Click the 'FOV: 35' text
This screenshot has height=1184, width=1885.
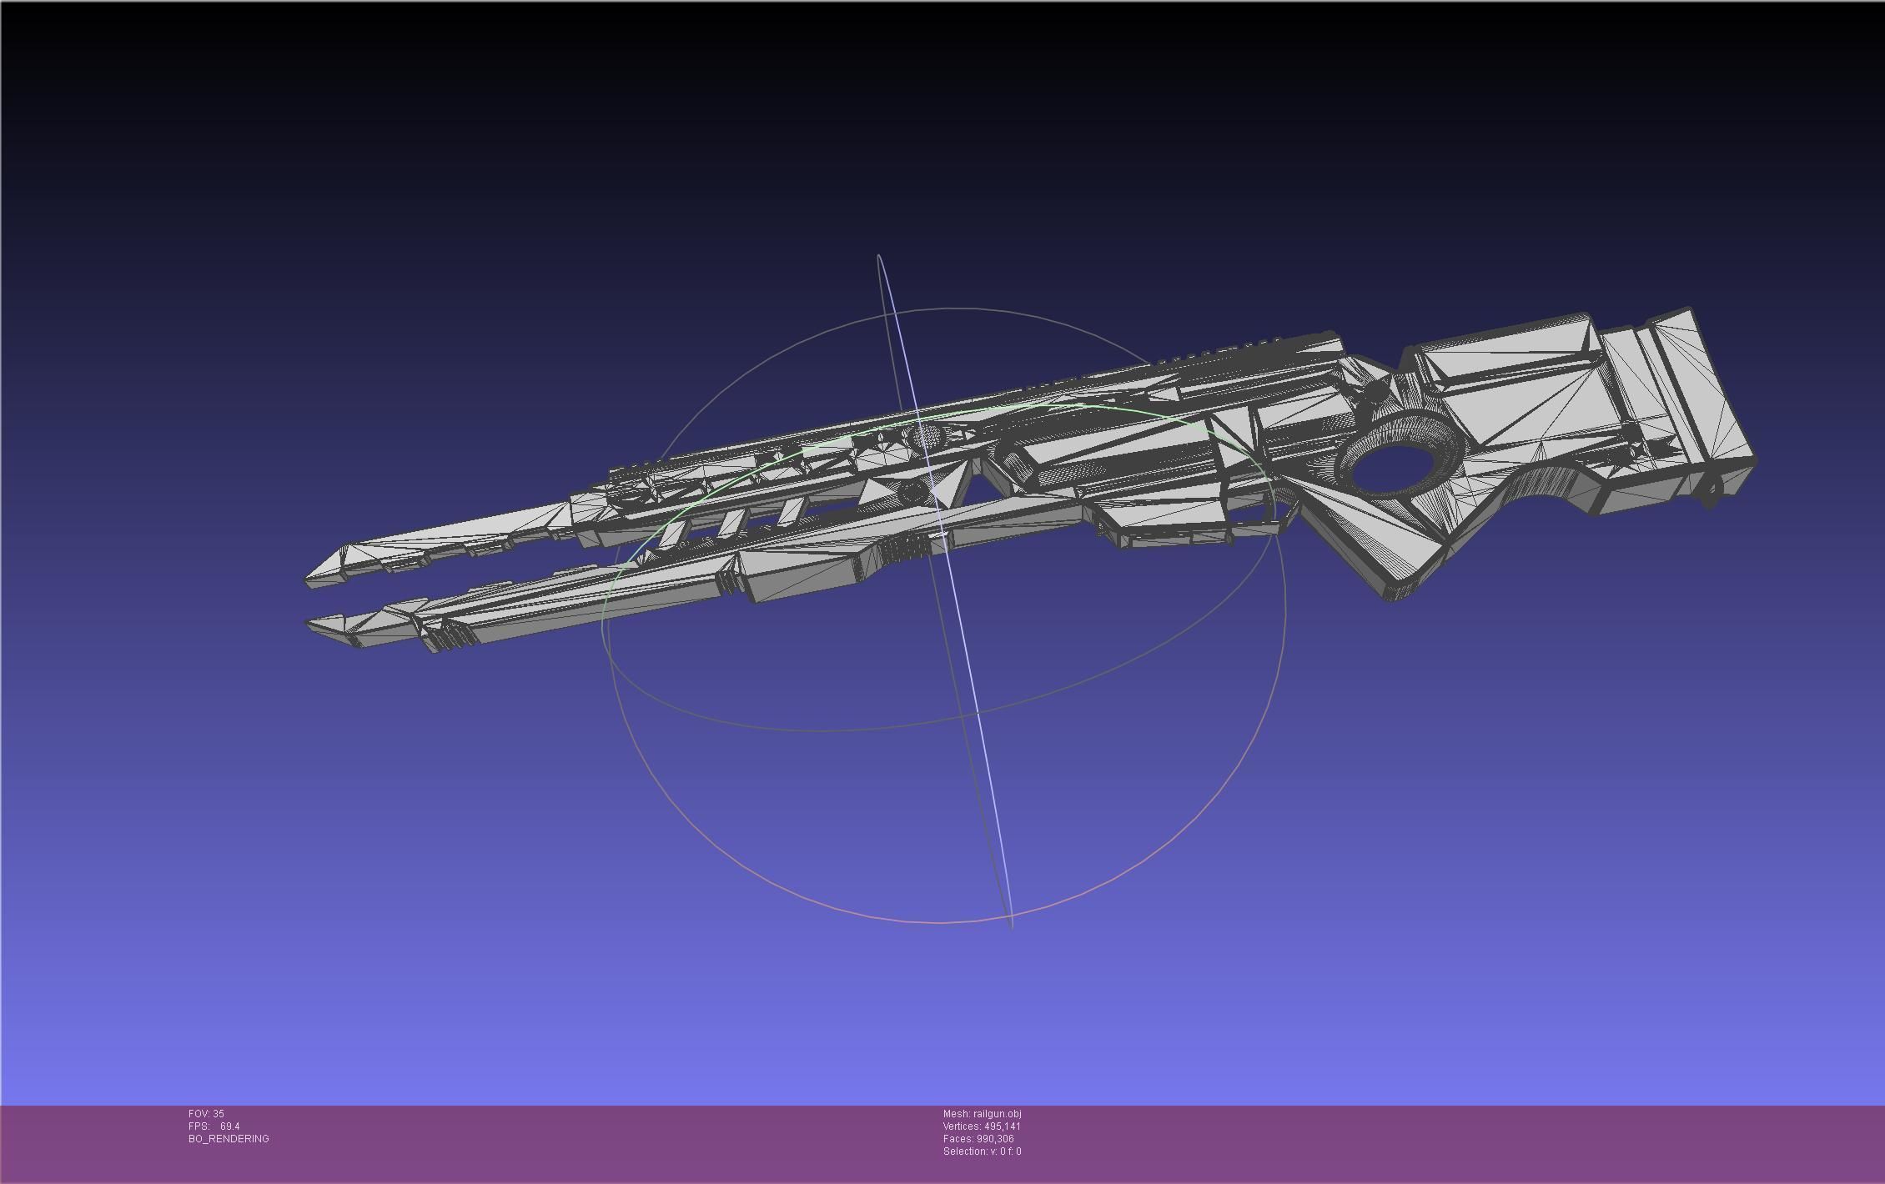point(206,1113)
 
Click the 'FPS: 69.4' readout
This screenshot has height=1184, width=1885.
point(214,1126)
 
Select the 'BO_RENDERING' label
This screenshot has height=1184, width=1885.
point(229,1138)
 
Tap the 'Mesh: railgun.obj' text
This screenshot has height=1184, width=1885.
point(982,1113)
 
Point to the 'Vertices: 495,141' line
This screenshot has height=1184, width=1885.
point(982,1126)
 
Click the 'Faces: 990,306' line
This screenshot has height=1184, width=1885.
point(978,1138)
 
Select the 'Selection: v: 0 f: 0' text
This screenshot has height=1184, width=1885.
point(982,1151)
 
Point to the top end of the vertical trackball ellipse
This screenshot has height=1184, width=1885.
point(878,256)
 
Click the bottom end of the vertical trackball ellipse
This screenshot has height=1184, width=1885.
point(1012,926)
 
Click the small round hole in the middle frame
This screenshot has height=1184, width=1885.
point(912,492)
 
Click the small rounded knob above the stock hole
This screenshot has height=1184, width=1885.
point(1375,389)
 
